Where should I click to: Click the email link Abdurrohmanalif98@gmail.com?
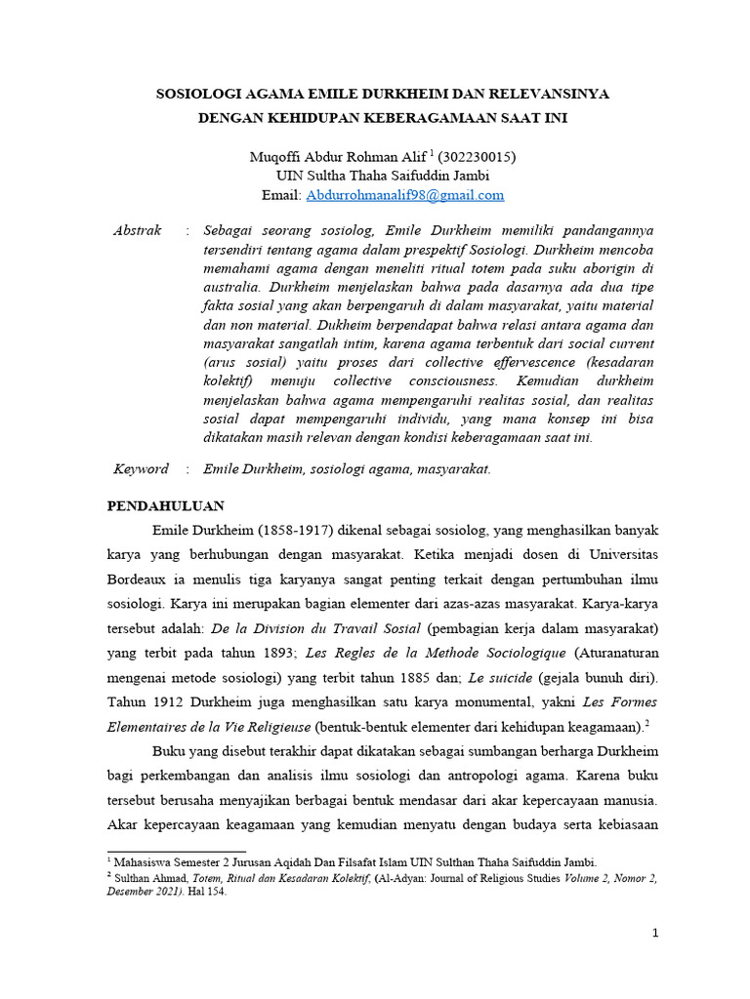[405, 195]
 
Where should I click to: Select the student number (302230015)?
[477, 156]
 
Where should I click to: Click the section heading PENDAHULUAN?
[165, 505]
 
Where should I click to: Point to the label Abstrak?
[138, 231]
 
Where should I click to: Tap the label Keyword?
[141, 469]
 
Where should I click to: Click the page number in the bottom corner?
[657, 934]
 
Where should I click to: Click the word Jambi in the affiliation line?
[468, 176]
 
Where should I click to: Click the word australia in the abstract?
[231, 288]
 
